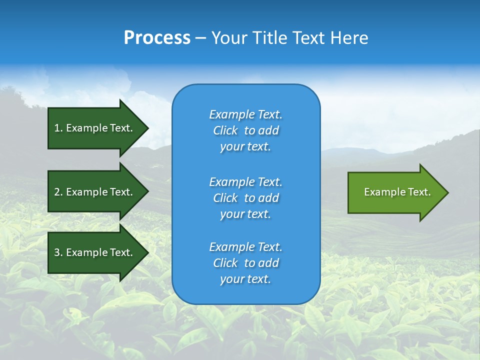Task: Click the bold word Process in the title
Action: pyautogui.click(x=157, y=38)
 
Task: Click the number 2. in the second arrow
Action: pyautogui.click(x=58, y=192)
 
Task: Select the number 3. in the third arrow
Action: pyautogui.click(x=58, y=252)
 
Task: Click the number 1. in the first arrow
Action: pyautogui.click(x=58, y=128)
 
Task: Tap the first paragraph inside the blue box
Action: pyautogui.click(x=245, y=130)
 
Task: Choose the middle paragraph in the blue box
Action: pyautogui.click(x=245, y=198)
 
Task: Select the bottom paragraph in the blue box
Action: pyautogui.click(x=245, y=263)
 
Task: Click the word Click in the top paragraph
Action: pyautogui.click(x=225, y=130)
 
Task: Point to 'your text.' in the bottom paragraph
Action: pyautogui.click(x=245, y=279)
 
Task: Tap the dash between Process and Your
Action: pyautogui.click(x=200, y=38)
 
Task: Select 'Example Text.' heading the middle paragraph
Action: pyautogui.click(x=245, y=182)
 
